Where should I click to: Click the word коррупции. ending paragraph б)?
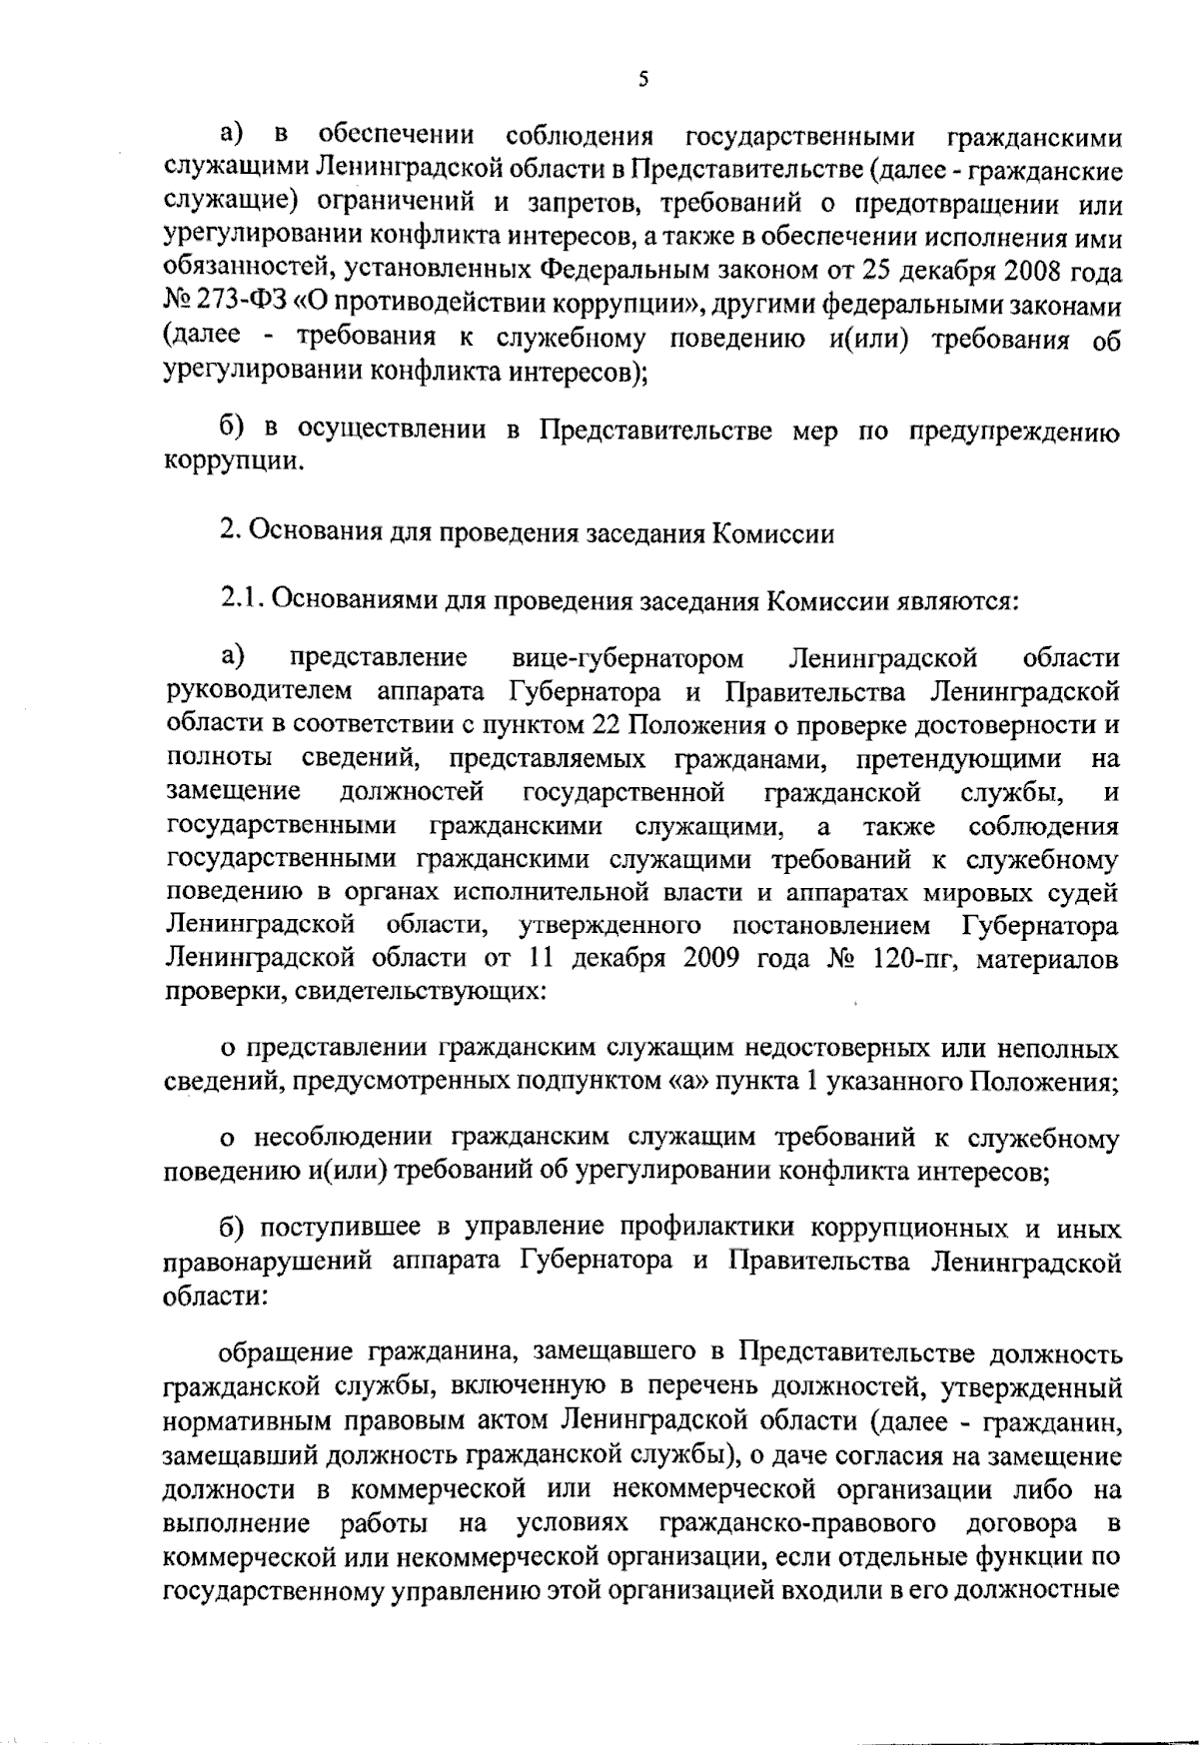[x=233, y=462]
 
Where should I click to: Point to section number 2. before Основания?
[x=228, y=532]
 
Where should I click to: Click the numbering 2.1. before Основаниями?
[x=242, y=601]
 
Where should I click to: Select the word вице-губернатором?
[x=627, y=658]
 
